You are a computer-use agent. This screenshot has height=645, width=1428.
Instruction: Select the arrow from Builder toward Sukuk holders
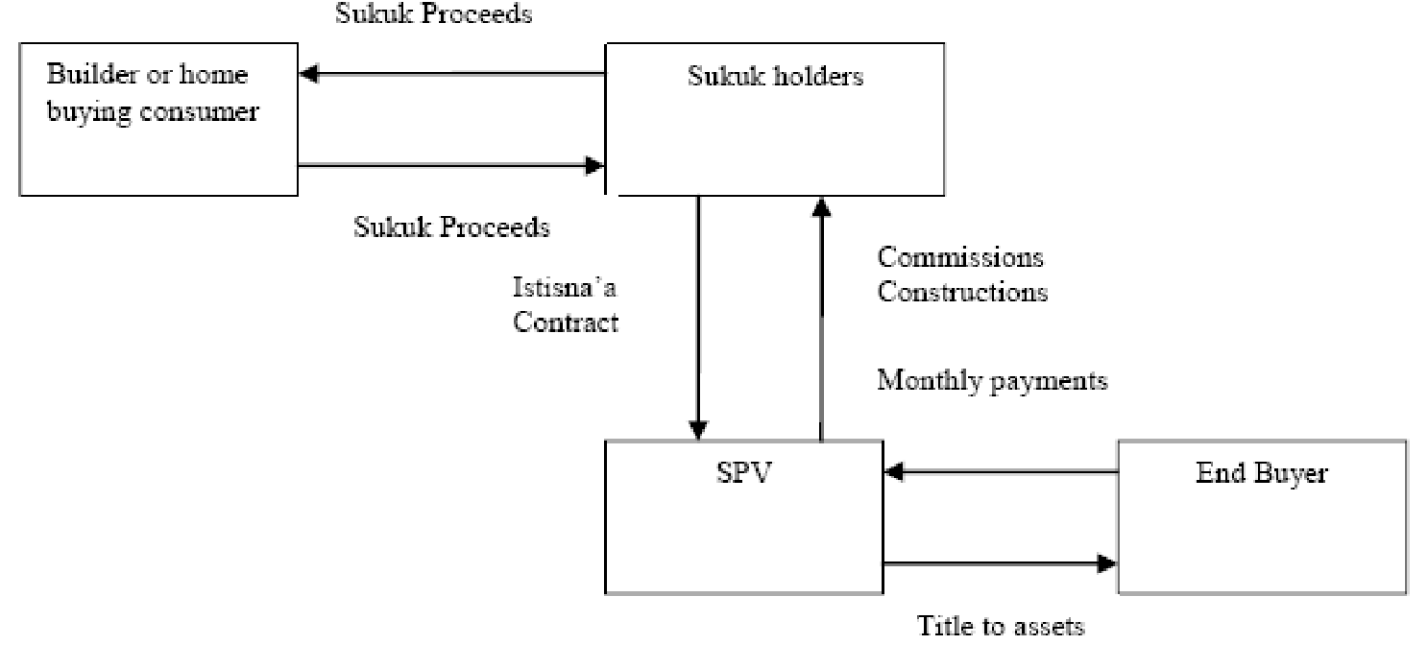tap(451, 165)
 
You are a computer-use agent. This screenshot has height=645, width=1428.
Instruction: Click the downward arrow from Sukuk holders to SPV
tap(699, 317)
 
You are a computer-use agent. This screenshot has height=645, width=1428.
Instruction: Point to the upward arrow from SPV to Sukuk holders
tap(821, 317)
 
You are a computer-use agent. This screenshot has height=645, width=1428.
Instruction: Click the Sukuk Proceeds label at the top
tap(433, 14)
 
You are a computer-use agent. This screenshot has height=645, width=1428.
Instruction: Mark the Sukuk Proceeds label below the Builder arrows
tap(451, 227)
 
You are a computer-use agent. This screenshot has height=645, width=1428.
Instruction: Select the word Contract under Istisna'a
tap(566, 322)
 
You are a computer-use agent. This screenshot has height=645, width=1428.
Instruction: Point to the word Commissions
tap(960, 257)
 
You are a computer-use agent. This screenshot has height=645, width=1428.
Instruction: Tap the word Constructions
tap(962, 291)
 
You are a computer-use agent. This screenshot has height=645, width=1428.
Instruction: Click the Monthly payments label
tap(993, 380)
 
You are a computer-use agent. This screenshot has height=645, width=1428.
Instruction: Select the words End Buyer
tap(1262, 474)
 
